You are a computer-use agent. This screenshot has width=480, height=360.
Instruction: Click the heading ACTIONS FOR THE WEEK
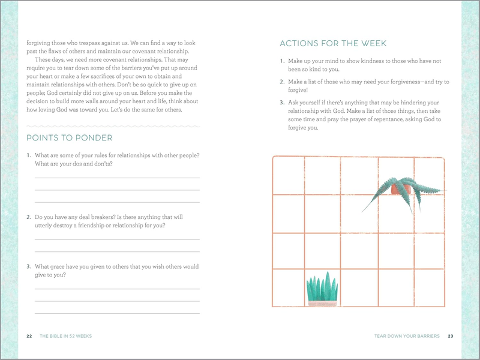tap(333, 44)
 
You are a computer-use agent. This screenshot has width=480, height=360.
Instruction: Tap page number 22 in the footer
tap(29, 336)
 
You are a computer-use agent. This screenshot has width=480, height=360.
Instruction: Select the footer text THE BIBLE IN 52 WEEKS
tap(65, 336)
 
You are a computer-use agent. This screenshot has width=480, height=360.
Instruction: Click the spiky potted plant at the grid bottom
tap(322, 289)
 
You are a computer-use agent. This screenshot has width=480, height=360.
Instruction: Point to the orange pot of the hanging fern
tap(399, 189)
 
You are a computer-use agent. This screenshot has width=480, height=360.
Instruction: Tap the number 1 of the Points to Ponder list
tap(28, 156)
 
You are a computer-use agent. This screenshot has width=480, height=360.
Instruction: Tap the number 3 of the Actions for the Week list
tap(282, 103)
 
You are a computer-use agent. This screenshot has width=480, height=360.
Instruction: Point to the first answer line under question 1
tap(117, 178)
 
